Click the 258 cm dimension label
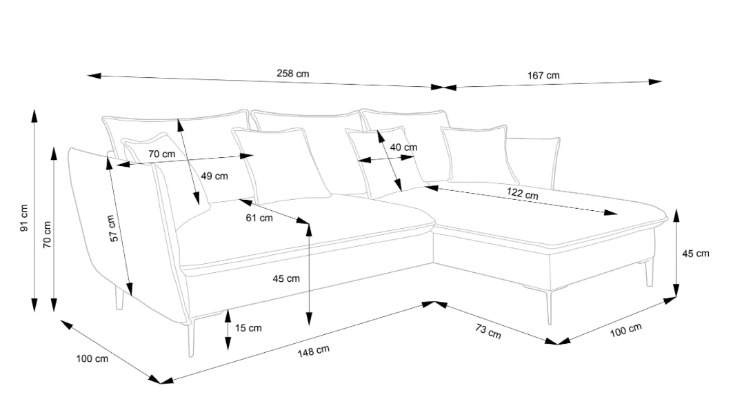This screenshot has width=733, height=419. click(292, 73)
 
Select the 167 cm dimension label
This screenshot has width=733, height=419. click(543, 75)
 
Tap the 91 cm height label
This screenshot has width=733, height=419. click(24, 218)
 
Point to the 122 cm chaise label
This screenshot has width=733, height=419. click(522, 193)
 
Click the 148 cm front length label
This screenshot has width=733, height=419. click(313, 351)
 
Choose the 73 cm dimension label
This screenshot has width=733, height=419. click(488, 331)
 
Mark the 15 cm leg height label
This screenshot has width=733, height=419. click(248, 328)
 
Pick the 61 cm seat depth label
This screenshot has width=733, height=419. click(259, 218)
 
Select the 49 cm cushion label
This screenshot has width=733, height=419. click(214, 176)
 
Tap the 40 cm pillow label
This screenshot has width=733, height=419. click(403, 147)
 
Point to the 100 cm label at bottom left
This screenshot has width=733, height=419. click(92, 359)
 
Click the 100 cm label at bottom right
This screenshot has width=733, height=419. click(625, 330)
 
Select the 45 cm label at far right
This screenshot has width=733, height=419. click(696, 254)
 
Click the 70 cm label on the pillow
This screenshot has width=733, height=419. click(162, 154)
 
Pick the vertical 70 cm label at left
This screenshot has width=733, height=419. click(47, 234)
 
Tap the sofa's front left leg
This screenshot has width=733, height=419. click(190, 338)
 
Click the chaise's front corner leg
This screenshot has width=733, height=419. click(550, 307)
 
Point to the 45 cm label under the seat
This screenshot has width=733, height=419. click(286, 278)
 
